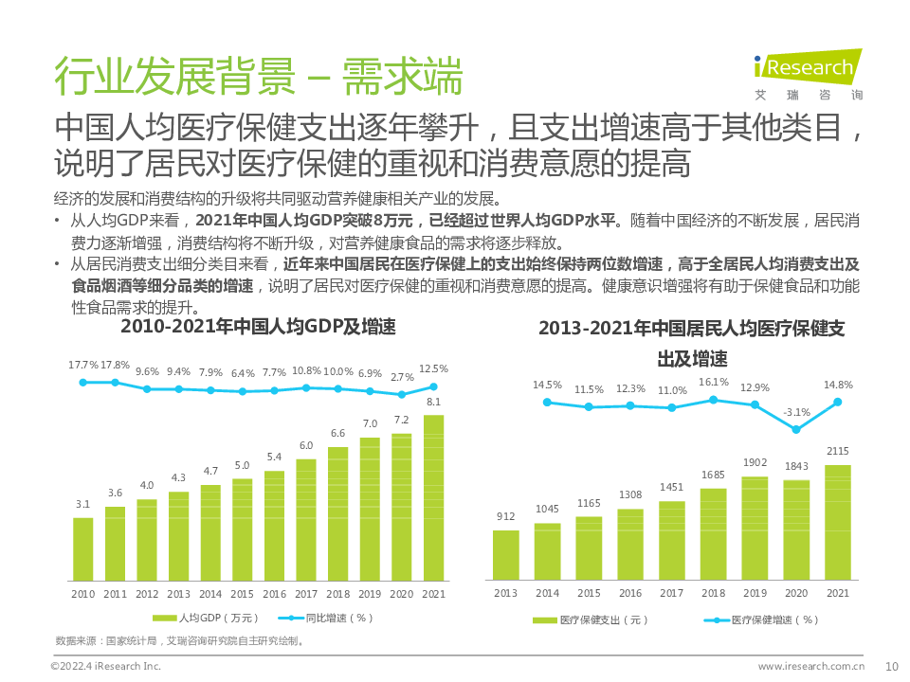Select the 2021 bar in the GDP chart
pos(433,498)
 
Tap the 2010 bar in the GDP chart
pos(83,548)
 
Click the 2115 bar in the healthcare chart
pos(838,522)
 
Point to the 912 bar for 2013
pos(505,554)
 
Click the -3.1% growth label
pos(797,412)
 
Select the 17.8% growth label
pos(116,366)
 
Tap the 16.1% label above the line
pos(714,383)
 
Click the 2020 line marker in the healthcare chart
pos(796,429)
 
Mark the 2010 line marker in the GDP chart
pos(83,382)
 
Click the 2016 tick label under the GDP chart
pos(274,593)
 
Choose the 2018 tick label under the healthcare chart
pos(713,593)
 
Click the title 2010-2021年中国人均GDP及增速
pos(258,328)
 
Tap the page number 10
pos(890,665)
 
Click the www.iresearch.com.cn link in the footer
pos(811,666)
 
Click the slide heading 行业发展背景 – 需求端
pos(258,76)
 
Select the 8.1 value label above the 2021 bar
pos(433,403)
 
